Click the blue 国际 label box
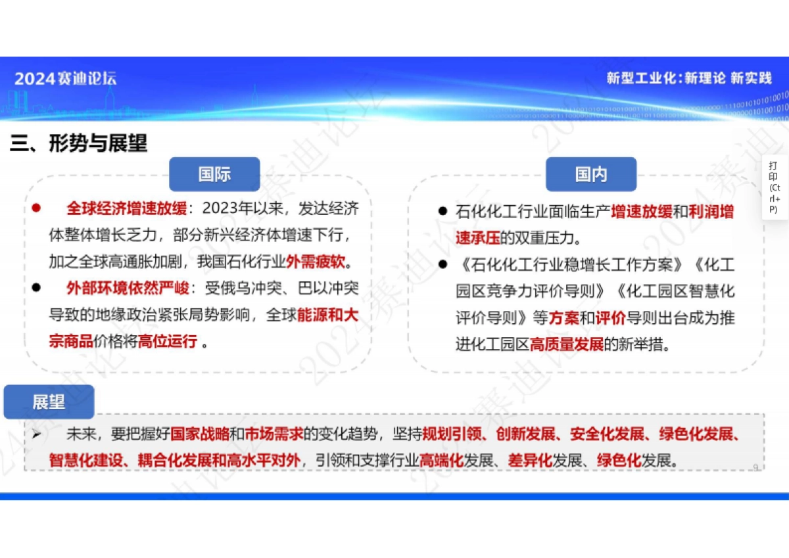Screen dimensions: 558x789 (x=214, y=174)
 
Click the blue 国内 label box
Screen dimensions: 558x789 (x=591, y=174)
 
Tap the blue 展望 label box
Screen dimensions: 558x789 (x=49, y=402)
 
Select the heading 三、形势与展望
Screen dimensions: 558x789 (x=78, y=143)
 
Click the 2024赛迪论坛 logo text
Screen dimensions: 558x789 (x=66, y=79)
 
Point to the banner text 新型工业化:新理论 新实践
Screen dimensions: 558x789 (x=688, y=78)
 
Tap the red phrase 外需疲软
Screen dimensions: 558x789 (x=316, y=262)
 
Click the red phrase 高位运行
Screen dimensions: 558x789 (x=167, y=341)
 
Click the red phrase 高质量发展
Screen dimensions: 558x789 (x=567, y=344)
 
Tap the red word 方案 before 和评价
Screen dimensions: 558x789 (x=563, y=317)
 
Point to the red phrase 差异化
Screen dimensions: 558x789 (x=529, y=460)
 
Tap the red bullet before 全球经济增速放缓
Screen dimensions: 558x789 (x=36, y=209)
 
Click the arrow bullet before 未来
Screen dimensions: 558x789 (x=37, y=434)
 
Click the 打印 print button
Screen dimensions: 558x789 (x=775, y=187)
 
